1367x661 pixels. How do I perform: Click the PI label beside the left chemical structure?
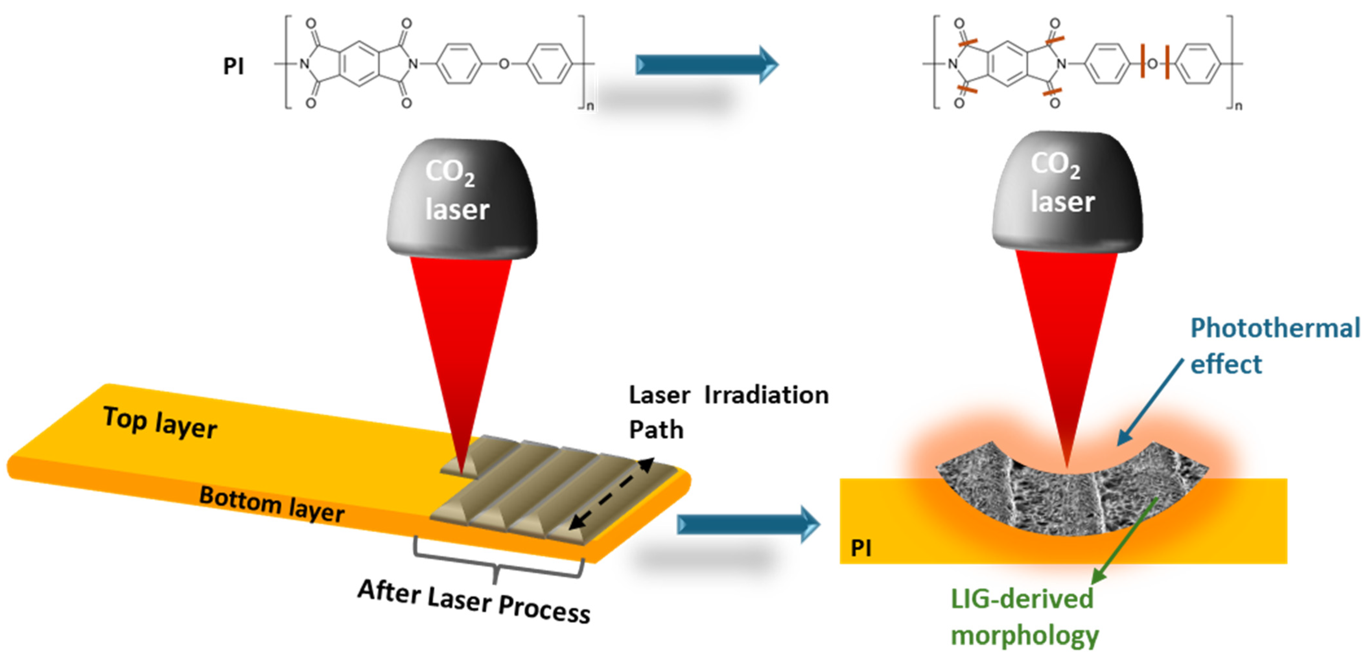point(233,66)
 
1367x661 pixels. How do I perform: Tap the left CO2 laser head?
point(461,199)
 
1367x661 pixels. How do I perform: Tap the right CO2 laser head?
point(1067,191)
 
